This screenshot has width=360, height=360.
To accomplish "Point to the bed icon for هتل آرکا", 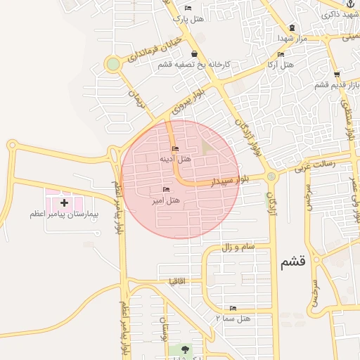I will [281, 54].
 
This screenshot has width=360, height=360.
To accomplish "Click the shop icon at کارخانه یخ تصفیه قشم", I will [194, 54].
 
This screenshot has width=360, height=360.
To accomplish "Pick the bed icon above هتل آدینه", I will [175, 148].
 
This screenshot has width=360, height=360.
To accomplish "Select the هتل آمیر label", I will [166, 200].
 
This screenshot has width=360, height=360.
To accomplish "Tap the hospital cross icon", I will [65, 202].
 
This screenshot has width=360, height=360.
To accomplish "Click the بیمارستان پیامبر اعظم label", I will [66, 212].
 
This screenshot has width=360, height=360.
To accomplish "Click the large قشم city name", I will [292, 262].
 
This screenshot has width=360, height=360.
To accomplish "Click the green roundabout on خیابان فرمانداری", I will [112, 65].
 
